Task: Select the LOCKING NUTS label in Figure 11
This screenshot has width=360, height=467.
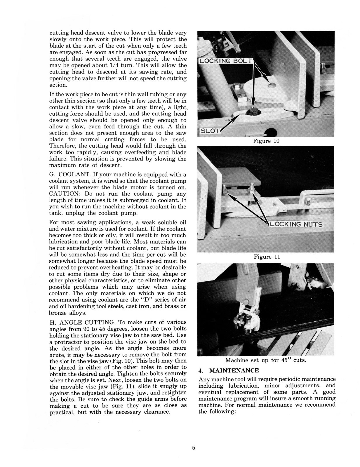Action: (296, 224)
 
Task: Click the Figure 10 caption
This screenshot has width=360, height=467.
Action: (266, 141)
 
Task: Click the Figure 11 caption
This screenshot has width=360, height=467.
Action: (267, 257)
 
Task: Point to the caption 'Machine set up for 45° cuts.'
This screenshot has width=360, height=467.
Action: (266, 360)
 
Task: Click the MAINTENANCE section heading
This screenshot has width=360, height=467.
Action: (234, 370)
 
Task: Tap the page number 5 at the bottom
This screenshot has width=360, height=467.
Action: (193, 448)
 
